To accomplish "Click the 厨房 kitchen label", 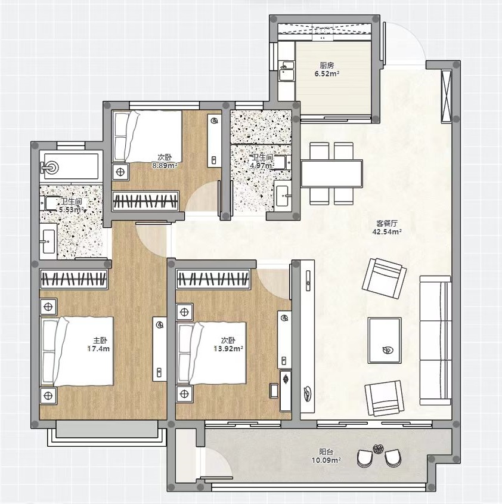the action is click(x=327, y=66).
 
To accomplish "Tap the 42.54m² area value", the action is click(x=387, y=232).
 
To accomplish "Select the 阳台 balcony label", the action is click(x=326, y=452).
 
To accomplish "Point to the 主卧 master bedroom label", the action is click(x=100, y=341).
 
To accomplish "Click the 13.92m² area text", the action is click(x=228, y=348).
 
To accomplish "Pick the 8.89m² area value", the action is click(x=165, y=166).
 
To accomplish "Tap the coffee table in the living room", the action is click(x=385, y=341).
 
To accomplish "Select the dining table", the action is click(x=331, y=174).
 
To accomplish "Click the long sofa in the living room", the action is click(x=435, y=340).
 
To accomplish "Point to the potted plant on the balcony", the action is click(x=377, y=449).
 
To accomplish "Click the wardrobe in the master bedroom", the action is click(x=73, y=279).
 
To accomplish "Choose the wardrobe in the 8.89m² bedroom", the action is click(x=145, y=201).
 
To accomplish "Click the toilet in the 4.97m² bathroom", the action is click(x=282, y=162).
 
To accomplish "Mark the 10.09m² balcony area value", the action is click(x=326, y=460).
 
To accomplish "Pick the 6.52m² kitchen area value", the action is click(x=327, y=73).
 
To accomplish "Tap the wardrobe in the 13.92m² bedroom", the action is click(x=213, y=279).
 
